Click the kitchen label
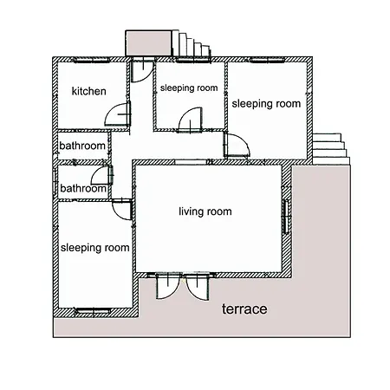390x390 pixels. click(89, 91)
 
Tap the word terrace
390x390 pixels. click(244, 309)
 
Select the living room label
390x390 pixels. click(205, 211)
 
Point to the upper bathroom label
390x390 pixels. click(82, 146)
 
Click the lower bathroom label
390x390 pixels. click(83, 189)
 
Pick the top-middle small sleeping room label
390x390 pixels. click(189, 88)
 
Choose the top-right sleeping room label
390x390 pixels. click(266, 104)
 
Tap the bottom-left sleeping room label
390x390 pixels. click(94, 248)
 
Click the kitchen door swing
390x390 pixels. click(118, 114)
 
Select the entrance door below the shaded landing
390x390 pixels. click(142, 70)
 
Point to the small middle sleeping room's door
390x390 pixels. click(191, 120)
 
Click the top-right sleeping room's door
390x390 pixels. click(237, 146)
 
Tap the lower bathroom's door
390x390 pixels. click(101, 176)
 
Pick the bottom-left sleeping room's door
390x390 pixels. click(122, 209)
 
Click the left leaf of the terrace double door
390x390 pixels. click(169, 286)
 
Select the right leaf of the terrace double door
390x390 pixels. click(198, 287)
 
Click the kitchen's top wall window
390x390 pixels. click(91, 60)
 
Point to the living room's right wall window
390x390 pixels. click(286, 217)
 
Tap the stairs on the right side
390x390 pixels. click(331, 149)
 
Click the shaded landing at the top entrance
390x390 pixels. click(148, 43)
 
